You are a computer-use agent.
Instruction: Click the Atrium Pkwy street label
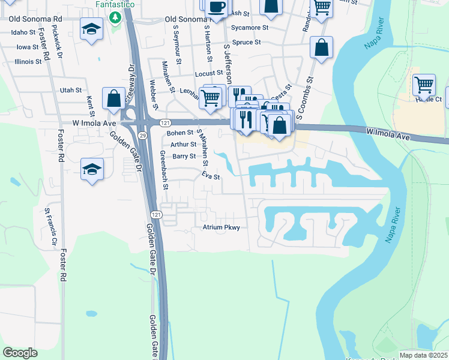[x=221, y=227]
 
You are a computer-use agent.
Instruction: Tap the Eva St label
[x=211, y=176]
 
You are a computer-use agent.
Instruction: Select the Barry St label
[x=184, y=156]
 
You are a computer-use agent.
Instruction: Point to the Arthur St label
[x=183, y=144]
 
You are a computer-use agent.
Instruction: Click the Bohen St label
[x=180, y=132]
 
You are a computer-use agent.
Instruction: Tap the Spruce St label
[x=246, y=43]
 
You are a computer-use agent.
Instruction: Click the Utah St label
[x=71, y=90]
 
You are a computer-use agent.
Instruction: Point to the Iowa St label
[x=28, y=47]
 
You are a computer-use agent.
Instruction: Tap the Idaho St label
[x=23, y=32]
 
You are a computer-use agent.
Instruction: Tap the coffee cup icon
[x=216, y=8]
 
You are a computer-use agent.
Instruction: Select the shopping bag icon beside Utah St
[x=113, y=99]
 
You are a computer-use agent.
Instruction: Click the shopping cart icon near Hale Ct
[x=424, y=85]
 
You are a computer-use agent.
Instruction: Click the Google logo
[x=20, y=352]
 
